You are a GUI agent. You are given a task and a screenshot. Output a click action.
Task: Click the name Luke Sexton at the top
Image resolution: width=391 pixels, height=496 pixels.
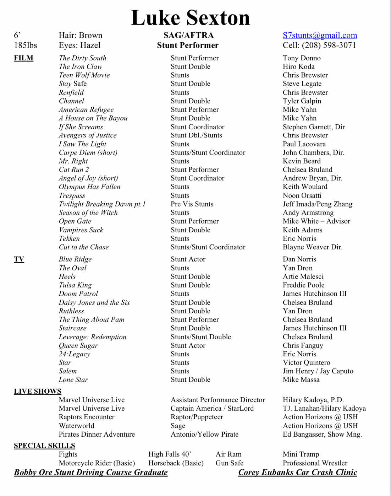pyautogui.click(x=191, y=18)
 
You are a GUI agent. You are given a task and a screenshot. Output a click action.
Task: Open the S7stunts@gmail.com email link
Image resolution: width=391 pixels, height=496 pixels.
pyautogui.click(x=320, y=35)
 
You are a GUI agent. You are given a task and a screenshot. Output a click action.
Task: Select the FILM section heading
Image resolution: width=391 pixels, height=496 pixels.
pyautogui.click(x=23, y=58)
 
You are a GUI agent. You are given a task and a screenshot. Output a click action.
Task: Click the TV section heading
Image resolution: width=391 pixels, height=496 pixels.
pyautogui.click(x=19, y=259)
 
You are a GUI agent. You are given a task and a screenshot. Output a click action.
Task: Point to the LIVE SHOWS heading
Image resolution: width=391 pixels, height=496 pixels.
pyautogui.click(x=38, y=391)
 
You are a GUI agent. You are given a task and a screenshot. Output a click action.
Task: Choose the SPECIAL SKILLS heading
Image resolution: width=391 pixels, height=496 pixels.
pyautogui.click(x=44, y=446)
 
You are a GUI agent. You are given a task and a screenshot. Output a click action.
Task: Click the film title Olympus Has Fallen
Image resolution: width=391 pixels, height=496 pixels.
pyautogui.click(x=89, y=187)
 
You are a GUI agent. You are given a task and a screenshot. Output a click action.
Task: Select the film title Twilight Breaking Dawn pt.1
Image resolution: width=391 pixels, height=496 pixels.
pyautogui.click(x=102, y=204)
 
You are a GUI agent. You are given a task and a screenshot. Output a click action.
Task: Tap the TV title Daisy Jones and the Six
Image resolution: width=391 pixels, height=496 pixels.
pyautogui.click(x=94, y=302)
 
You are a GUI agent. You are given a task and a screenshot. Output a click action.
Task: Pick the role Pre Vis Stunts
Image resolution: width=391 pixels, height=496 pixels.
pyautogui.click(x=192, y=204)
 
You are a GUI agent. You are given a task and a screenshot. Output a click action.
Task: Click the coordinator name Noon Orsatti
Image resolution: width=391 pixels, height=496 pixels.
pyautogui.click(x=302, y=195)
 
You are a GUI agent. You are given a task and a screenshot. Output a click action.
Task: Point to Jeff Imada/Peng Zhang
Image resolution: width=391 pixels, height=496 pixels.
pyautogui.click(x=318, y=204)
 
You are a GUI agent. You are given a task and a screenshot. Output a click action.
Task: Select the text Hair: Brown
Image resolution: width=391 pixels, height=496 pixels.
pyautogui.click(x=81, y=35)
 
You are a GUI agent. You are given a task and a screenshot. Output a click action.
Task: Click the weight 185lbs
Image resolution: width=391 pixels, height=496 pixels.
pyautogui.click(x=26, y=45)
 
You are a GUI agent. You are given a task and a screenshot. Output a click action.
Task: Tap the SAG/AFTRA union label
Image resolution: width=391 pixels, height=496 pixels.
pyautogui.click(x=188, y=35)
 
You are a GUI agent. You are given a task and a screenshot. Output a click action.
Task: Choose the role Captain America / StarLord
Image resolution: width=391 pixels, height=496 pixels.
pyautogui.click(x=212, y=408)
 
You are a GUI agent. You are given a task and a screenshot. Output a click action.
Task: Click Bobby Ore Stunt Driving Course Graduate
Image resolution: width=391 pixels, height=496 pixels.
pyautogui.click(x=91, y=472)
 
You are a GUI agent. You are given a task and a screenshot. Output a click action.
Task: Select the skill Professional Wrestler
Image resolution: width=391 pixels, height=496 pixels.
pyautogui.click(x=315, y=463)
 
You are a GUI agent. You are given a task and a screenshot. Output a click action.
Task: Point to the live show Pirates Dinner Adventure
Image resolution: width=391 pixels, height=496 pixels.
pyautogui.click(x=97, y=434)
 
